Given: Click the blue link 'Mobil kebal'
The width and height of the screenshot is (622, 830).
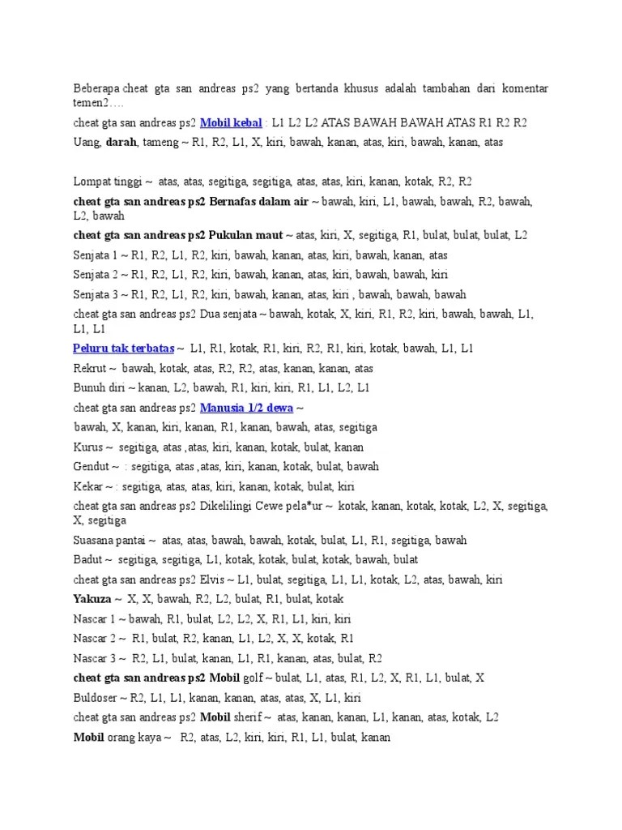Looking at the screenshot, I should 231,123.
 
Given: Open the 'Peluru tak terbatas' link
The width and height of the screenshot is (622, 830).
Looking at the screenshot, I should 123,349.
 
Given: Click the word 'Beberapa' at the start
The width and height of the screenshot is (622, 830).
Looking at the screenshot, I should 96,88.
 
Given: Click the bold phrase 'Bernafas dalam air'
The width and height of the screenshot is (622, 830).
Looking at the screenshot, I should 258,201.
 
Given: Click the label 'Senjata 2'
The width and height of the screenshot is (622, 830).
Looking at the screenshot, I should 96,274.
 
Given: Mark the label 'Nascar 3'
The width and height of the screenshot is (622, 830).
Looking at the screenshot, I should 95,658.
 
